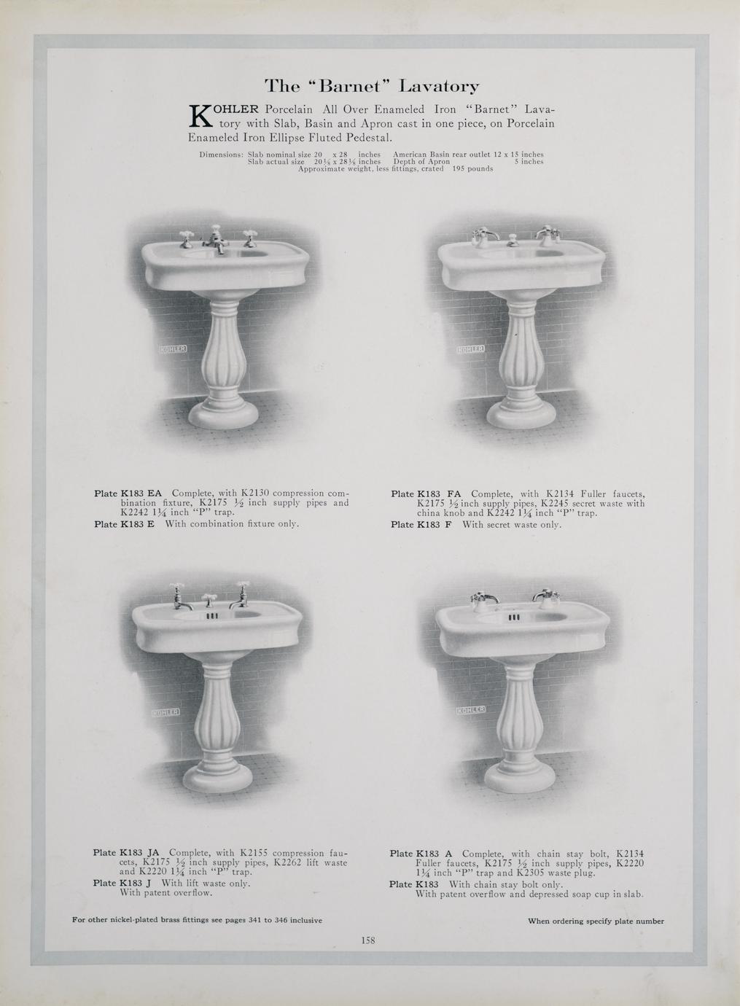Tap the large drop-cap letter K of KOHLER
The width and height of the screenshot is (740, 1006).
200,117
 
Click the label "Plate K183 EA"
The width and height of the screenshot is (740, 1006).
128,493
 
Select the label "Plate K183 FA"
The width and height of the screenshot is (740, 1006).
426,494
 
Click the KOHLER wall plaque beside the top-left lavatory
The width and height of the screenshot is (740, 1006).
174,349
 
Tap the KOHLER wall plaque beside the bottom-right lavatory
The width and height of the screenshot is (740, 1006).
471,709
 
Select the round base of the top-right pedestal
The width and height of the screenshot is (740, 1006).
521,414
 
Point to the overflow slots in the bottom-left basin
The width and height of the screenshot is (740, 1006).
212,616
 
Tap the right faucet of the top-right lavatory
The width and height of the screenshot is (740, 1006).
548,235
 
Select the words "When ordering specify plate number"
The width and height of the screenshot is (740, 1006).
596,919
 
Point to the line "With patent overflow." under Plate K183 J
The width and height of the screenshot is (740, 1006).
165,892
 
